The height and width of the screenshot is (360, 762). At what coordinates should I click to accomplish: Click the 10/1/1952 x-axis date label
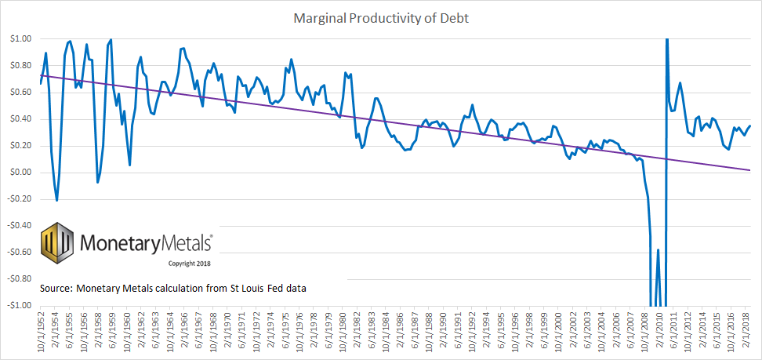coord(41,332)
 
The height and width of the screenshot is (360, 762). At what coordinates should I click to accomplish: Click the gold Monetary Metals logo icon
coord(57,244)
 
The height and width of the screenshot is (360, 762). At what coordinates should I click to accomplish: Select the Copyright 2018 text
coord(190,264)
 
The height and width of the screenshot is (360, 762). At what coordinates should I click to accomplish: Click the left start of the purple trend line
coord(41,75)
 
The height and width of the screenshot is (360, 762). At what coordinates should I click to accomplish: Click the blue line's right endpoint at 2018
coord(750,125)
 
